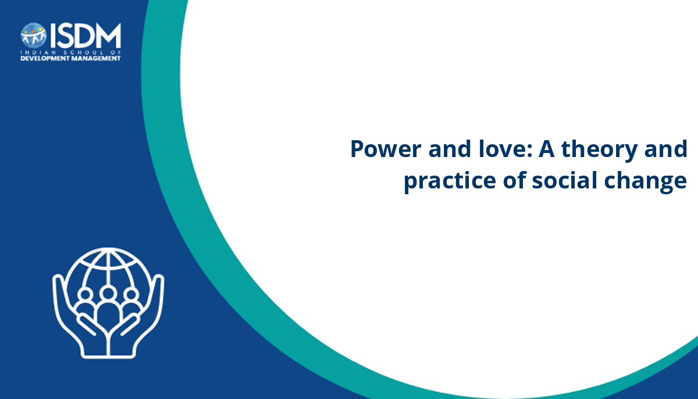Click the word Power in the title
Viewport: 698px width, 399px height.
tap(386, 149)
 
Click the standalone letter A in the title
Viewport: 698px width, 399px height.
tap(547, 149)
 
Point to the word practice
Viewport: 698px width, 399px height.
tap(450, 181)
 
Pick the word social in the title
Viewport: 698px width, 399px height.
tap(564, 180)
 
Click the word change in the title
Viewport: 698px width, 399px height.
tap(645, 181)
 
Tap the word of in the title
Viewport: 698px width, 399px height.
tap(514, 180)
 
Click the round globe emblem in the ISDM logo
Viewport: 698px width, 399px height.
tap(34, 35)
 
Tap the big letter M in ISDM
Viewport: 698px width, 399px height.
tap(108, 35)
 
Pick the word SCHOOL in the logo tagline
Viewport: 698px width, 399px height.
tap(84, 52)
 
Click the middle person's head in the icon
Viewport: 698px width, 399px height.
tap(108, 293)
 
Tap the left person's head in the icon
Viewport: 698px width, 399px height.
tap(85, 294)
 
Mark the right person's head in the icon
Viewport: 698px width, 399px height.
tap(131, 294)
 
